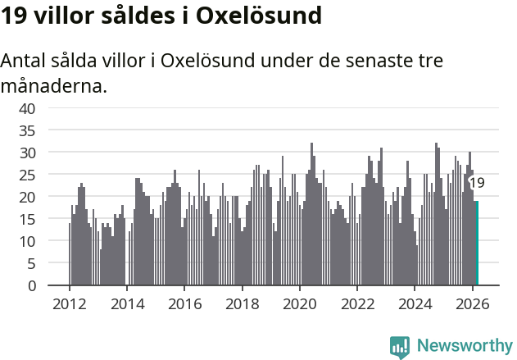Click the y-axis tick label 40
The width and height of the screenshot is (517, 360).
[x=27, y=108]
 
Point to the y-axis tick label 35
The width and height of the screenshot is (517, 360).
[x=27, y=130]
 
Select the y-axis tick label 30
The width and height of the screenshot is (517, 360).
[x=27, y=153]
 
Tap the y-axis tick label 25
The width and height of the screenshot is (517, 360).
[x=27, y=175]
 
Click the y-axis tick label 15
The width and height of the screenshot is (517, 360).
[x=27, y=219]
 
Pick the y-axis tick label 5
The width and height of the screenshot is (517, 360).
[x=31, y=263]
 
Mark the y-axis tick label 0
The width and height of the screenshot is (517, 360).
[x=31, y=285]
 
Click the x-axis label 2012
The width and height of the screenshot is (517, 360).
[x=69, y=303]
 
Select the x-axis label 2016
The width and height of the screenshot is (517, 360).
[x=184, y=303]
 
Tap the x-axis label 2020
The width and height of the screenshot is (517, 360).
[x=299, y=303]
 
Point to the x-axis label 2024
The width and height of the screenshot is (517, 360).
[x=415, y=303]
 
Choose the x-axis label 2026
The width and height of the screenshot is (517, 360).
[x=472, y=303]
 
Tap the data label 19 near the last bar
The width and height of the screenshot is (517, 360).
[x=476, y=183]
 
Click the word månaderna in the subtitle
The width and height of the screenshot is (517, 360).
[x=54, y=85]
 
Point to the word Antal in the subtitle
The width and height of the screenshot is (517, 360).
[x=25, y=62]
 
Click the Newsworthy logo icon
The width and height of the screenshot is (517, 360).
[x=400, y=346]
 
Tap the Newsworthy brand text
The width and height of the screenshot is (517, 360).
[x=464, y=346]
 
